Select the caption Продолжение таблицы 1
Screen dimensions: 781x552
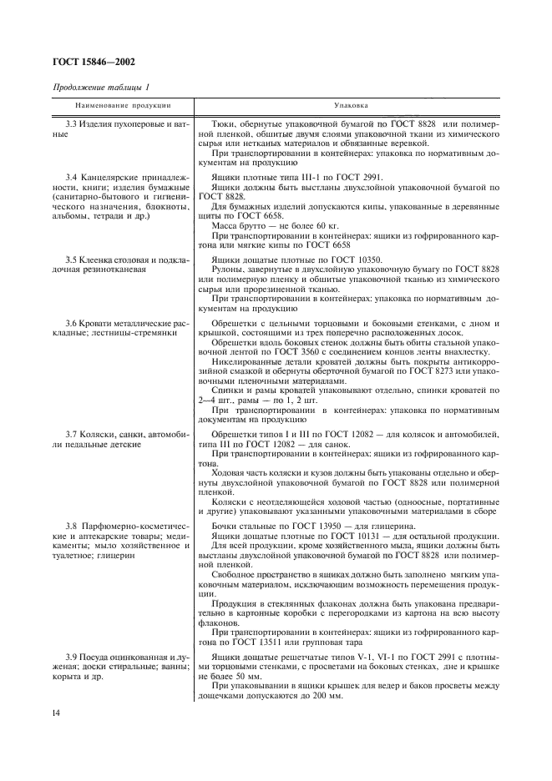(101, 88)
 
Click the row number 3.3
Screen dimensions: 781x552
(73, 123)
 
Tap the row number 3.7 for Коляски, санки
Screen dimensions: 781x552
(73, 436)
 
